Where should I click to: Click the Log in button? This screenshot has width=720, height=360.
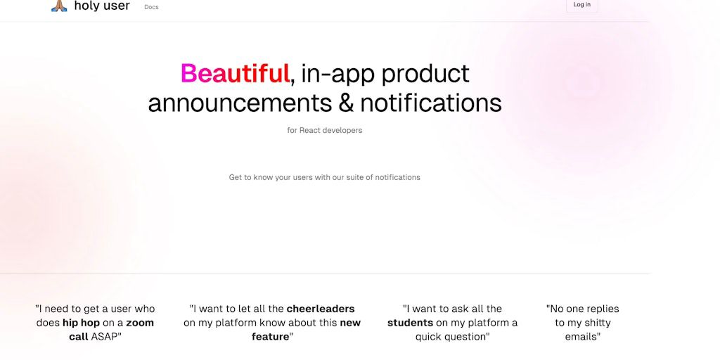581,5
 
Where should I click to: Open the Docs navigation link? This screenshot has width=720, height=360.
151,7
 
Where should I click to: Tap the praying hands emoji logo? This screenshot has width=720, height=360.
59,6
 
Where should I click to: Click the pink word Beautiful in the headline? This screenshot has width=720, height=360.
235,73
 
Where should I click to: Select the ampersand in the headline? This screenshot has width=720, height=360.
346,103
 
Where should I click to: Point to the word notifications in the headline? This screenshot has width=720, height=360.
431,103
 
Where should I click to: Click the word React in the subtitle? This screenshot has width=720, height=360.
309,130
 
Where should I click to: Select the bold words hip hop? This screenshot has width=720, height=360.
81,323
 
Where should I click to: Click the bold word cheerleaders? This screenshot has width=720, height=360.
321,309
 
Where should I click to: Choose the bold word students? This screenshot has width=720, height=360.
410,323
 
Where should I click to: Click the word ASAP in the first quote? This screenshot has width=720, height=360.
104,337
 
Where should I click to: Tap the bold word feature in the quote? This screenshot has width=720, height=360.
271,337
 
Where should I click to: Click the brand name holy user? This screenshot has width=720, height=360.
102,6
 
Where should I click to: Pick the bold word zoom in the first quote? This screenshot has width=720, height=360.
140,323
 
